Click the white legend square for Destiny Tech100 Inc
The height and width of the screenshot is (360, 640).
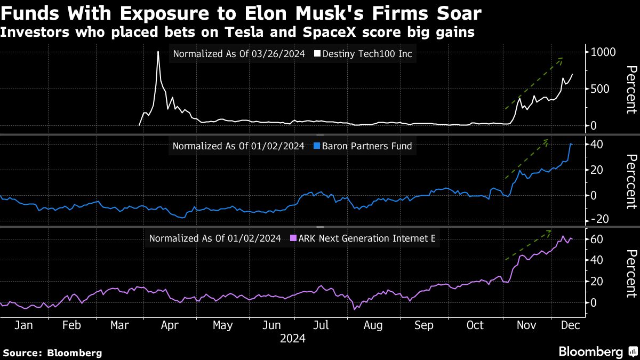click(318, 54)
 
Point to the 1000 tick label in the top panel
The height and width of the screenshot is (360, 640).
click(603, 52)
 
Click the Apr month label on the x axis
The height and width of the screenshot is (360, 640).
click(169, 325)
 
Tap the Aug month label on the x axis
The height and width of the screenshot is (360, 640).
click(372, 325)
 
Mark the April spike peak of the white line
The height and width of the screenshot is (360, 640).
click(158, 52)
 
